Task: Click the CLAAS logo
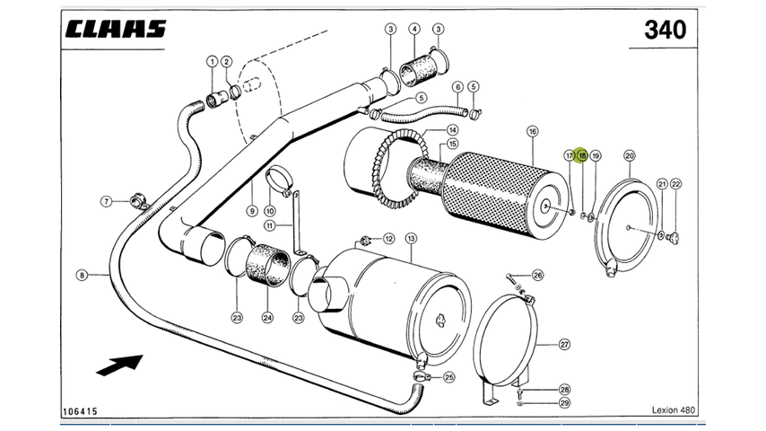(115, 28)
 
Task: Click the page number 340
(665, 30)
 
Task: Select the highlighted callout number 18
(581, 155)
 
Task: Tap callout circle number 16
(532, 132)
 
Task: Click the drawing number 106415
(80, 411)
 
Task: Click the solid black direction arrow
(119, 365)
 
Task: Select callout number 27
(564, 344)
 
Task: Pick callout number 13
(411, 238)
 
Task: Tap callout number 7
(105, 201)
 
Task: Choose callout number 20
(629, 155)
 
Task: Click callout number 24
(267, 317)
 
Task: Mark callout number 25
(449, 377)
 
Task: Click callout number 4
(414, 30)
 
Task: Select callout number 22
(675, 184)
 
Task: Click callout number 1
(213, 61)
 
